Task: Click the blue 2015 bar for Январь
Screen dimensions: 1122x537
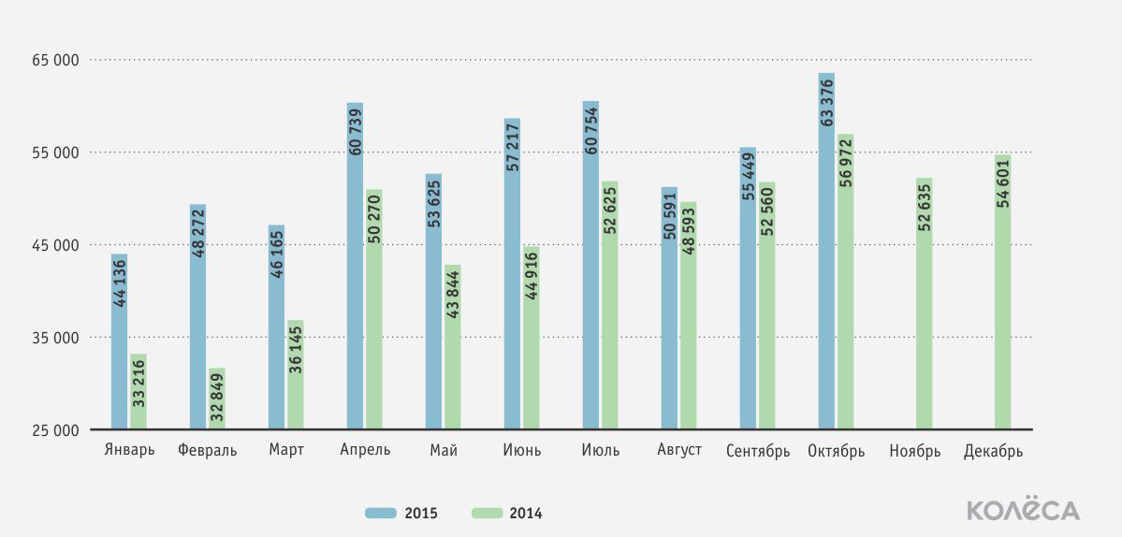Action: (x=120, y=341)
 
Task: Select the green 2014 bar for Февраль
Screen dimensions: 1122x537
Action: (x=217, y=399)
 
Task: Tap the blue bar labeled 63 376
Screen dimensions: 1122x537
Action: (x=826, y=251)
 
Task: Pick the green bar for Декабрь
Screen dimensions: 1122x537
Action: (x=1003, y=292)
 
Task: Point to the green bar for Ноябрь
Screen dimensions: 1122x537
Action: (x=925, y=304)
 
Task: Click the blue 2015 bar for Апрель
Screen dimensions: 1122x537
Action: (x=355, y=266)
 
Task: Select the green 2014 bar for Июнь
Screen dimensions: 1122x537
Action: (x=531, y=339)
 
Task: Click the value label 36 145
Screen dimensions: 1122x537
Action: (x=297, y=350)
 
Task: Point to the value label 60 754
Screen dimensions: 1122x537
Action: (x=591, y=130)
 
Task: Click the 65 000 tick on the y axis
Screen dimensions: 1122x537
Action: (x=54, y=61)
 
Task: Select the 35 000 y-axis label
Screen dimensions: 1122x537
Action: (x=54, y=338)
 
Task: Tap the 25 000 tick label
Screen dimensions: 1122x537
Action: (x=54, y=430)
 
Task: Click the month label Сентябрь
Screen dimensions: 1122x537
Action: (x=758, y=452)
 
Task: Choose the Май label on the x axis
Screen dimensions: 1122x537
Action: (x=444, y=451)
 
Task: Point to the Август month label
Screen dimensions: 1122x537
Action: (x=679, y=451)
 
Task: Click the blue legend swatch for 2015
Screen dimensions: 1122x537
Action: (x=382, y=513)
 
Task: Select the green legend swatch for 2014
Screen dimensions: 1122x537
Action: (x=487, y=513)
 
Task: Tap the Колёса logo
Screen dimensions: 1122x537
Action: (x=1023, y=509)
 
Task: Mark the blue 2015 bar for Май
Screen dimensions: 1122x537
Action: (x=433, y=302)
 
